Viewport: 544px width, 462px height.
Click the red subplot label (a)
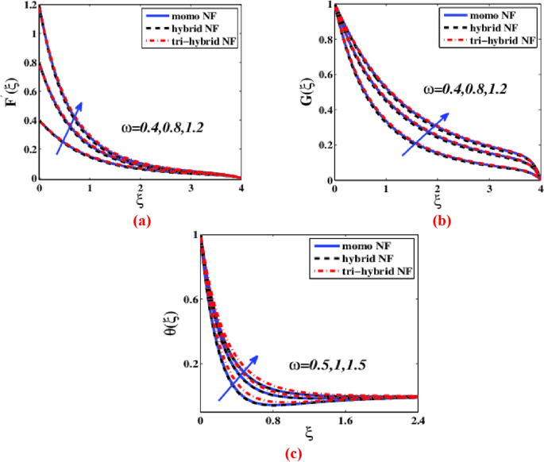[x=141, y=221]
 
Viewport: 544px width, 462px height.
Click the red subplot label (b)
[x=442, y=221]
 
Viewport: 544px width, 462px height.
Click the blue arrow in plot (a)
[x=69, y=127]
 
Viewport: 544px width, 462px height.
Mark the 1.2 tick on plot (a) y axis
[x=29, y=5]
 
